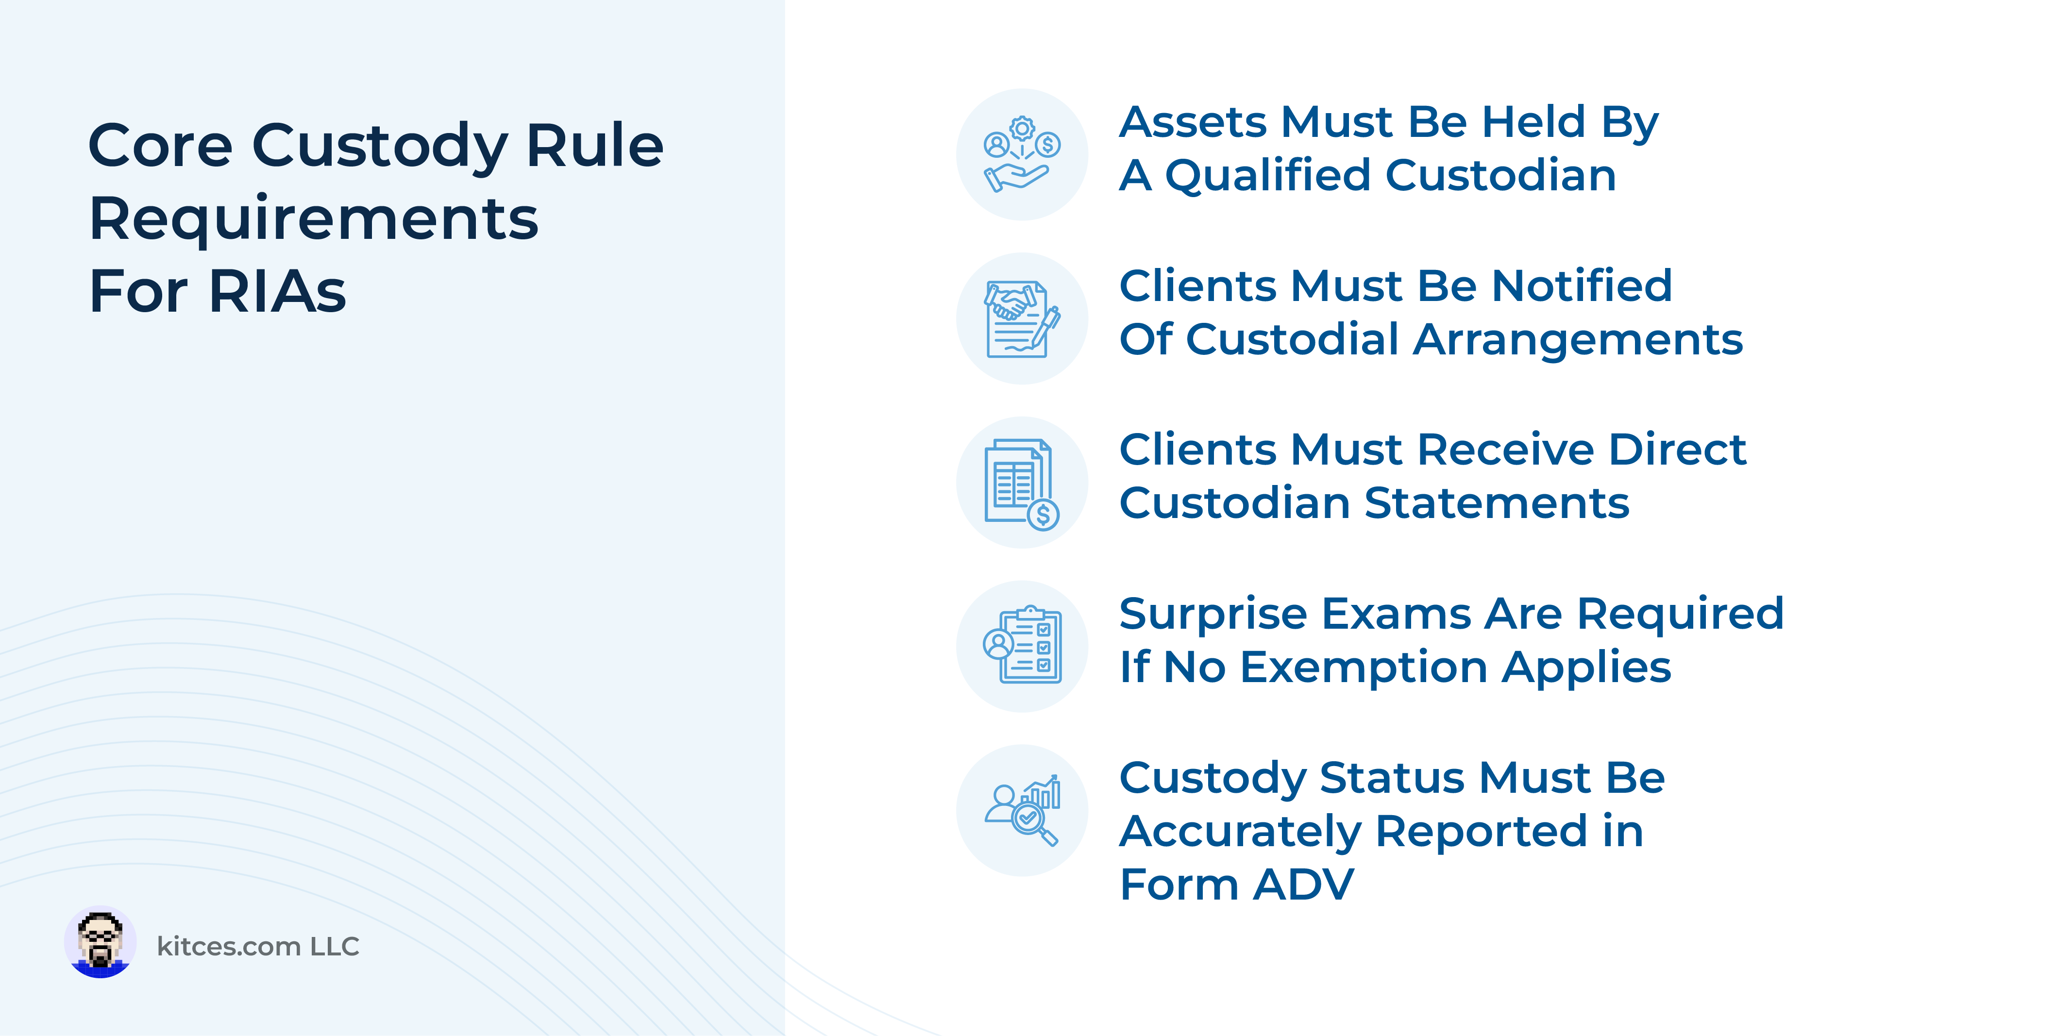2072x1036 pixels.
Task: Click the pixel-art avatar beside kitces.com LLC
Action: [100, 942]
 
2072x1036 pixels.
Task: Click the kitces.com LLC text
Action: [257, 946]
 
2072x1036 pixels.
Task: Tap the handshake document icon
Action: [1022, 318]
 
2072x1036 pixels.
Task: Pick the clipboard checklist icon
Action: [1022, 646]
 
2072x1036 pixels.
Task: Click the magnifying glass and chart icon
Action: [1022, 810]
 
